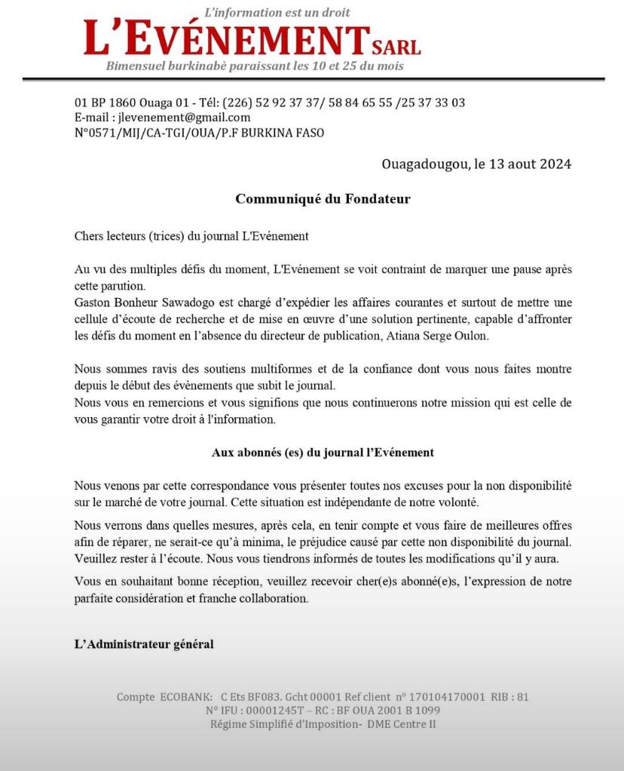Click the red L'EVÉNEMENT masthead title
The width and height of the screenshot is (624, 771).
click(226, 39)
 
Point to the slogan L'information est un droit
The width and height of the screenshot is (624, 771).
click(277, 13)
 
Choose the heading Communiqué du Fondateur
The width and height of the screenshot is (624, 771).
click(323, 199)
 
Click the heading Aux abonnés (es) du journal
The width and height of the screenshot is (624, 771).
click(323, 453)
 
